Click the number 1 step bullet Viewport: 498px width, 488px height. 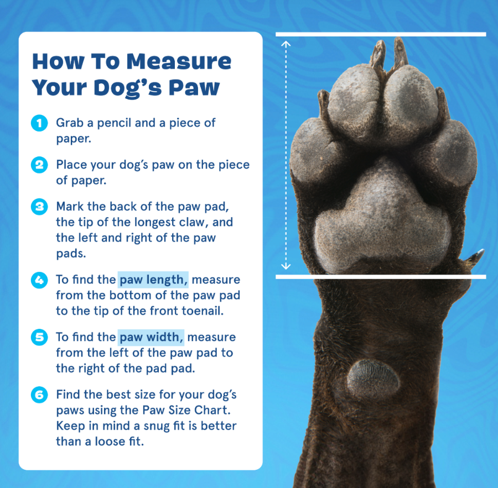coord(39,123)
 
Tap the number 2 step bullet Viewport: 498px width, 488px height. coord(39,165)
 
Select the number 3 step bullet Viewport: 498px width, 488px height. coord(39,207)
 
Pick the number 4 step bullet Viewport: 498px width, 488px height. coord(39,280)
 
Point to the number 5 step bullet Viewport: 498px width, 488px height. coord(39,338)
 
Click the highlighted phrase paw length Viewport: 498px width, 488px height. coord(154,280)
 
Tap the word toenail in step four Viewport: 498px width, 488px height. coord(200,311)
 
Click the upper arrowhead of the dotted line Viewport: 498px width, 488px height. coord(286,43)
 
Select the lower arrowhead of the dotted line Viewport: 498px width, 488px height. coord(286,267)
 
